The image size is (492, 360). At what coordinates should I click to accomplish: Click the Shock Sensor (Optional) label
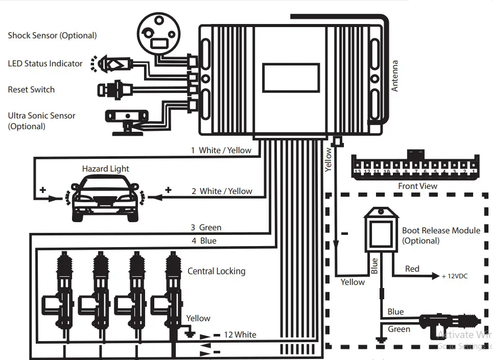(52, 36)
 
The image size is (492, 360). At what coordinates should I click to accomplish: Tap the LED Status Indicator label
(45, 64)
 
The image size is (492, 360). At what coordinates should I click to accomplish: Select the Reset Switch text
(31, 90)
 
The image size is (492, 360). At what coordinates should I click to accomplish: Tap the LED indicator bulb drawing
(112, 64)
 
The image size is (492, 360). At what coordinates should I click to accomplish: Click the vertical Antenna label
(394, 76)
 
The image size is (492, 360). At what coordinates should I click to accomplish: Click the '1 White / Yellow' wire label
(221, 150)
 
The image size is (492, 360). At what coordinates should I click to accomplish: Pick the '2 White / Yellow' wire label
(222, 191)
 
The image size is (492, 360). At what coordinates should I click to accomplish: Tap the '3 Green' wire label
(206, 228)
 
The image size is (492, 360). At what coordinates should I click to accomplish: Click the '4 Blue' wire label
(203, 241)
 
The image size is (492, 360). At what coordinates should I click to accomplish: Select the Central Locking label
(216, 271)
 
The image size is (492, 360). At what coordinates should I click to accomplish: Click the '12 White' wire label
(240, 335)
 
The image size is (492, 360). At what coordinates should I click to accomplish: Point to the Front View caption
(417, 186)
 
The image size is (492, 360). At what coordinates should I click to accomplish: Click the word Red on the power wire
(412, 269)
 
